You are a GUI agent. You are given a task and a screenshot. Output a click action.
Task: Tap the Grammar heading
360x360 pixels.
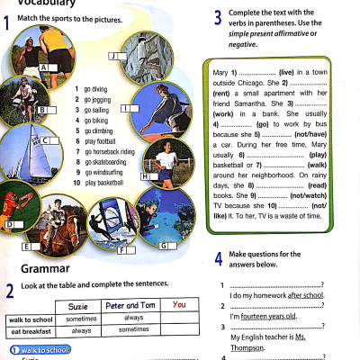(x=47, y=268)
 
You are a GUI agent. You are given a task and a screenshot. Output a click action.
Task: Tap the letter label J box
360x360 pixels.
(x=113, y=56)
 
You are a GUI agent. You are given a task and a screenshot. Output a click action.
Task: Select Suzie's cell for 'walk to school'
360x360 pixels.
(x=81, y=319)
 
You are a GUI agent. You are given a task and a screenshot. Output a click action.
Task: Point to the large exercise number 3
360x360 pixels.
(x=219, y=16)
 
